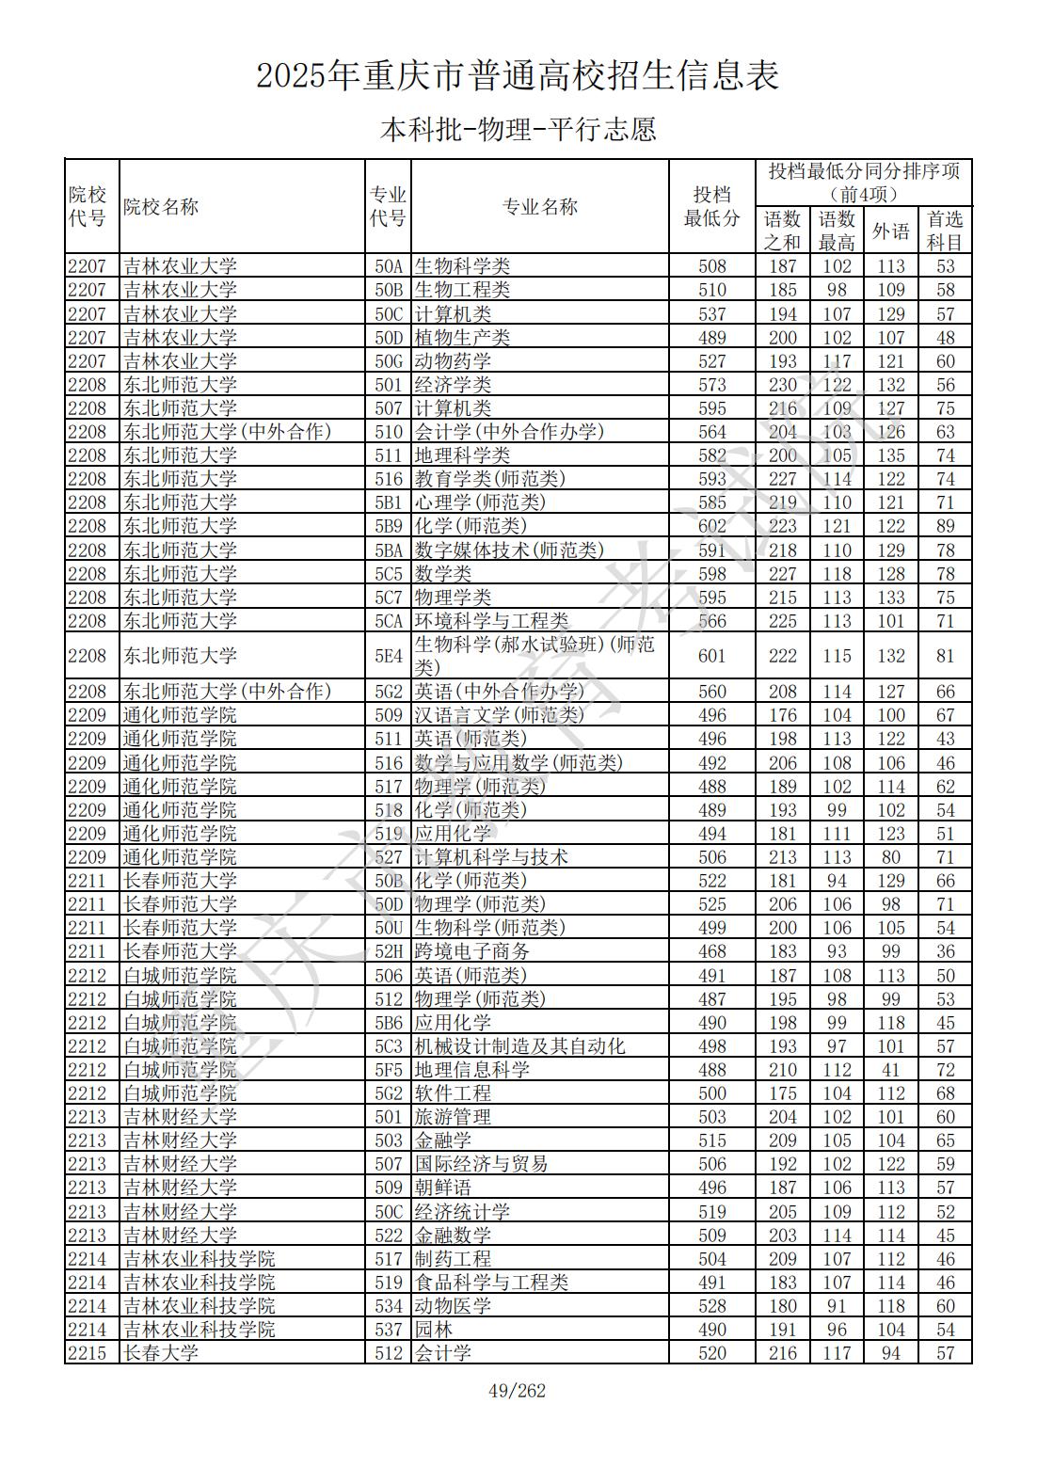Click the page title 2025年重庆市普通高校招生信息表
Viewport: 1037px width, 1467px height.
518,76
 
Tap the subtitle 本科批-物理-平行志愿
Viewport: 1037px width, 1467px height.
518,129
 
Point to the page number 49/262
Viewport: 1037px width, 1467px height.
518,1391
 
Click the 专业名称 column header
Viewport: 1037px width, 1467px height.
539,207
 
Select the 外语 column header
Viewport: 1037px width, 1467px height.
890,231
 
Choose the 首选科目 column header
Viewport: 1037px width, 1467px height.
945,231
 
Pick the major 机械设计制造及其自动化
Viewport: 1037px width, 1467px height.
519,1046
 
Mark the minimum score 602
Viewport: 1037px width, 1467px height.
712,526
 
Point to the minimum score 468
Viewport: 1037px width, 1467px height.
712,951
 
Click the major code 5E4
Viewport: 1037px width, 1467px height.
389,656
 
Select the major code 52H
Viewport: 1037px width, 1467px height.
389,951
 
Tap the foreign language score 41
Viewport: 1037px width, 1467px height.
890,1070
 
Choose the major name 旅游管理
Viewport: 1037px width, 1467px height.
453,1117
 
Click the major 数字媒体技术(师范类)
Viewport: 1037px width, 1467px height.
509,550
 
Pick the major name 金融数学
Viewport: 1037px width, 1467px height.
453,1236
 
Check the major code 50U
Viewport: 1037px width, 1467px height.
389,928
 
